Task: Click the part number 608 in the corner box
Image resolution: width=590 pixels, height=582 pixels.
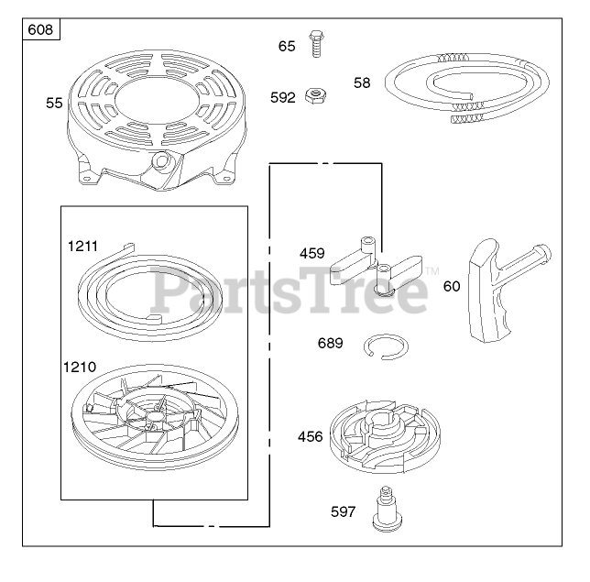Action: [40, 29]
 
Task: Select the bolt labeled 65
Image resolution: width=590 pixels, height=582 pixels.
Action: [316, 44]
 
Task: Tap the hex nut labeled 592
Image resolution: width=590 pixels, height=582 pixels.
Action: [315, 95]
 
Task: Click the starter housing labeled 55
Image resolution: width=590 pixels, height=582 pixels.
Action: [158, 120]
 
